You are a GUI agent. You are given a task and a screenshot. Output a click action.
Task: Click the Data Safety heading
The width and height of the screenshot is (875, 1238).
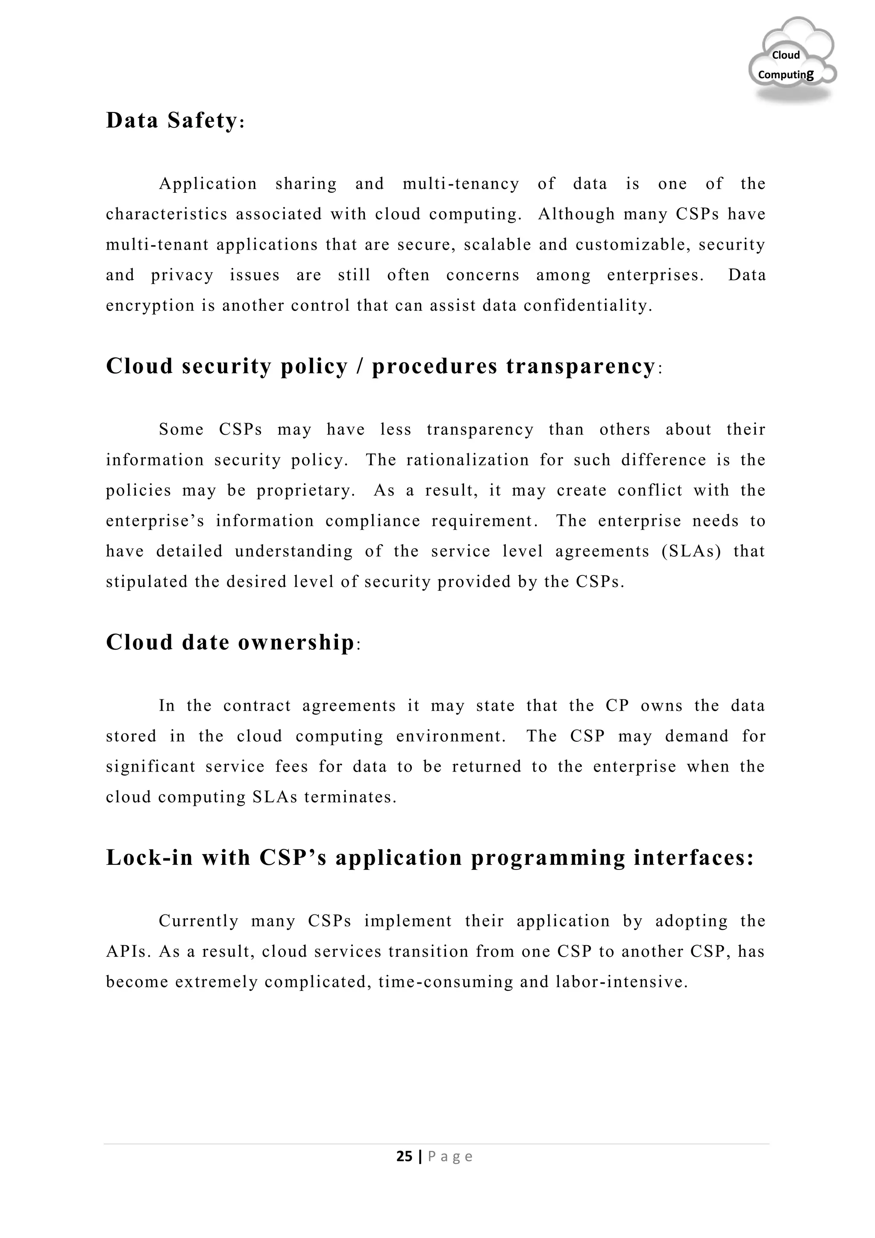tap(175, 120)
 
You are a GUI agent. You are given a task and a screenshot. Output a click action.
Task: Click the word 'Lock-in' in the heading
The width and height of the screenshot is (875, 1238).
tap(149, 858)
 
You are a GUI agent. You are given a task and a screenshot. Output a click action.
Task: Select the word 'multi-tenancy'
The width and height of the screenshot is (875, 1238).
tap(461, 184)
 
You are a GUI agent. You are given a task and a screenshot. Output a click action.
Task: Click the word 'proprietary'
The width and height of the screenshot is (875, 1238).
tap(305, 491)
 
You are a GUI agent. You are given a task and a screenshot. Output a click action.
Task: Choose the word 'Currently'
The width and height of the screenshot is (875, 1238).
tap(198, 921)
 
